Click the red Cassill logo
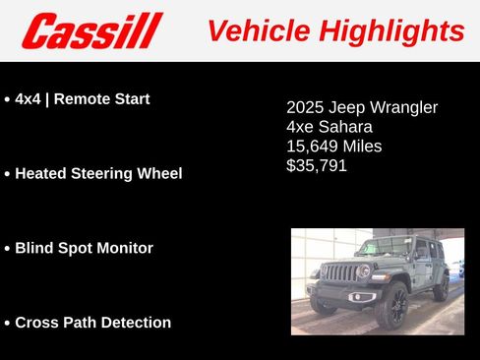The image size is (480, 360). (91, 30)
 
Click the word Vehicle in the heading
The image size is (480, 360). (254, 30)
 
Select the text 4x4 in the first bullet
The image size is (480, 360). (31, 99)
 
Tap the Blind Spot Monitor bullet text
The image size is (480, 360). (84, 248)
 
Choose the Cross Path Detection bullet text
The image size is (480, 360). (92, 323)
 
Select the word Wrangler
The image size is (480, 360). (401, 107)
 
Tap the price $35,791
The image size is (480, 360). (317, 165)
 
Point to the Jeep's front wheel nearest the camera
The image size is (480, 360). (391, 306)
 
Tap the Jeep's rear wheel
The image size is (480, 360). (442, 288)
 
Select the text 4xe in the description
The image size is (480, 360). (299, 127)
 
